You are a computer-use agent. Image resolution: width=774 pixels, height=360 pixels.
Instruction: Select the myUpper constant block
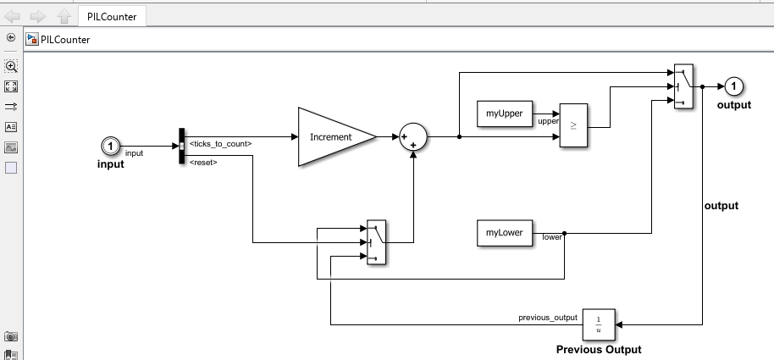point(504,114)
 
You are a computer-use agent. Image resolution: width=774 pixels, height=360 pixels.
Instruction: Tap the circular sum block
point(413,136)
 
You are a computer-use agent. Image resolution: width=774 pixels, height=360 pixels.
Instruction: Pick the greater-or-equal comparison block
point(572,126)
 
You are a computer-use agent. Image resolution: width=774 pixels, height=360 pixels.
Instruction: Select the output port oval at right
point(734,86)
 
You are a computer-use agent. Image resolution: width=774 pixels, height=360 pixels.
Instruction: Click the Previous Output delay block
point(599,323)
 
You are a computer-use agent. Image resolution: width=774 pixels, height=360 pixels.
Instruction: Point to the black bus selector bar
point(182,147)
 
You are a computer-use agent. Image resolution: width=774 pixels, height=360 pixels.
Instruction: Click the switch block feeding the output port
point(683,86)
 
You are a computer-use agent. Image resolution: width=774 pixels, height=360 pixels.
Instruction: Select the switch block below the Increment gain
point(377,243)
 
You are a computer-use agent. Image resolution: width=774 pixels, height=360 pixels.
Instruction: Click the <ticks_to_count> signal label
point(220,143)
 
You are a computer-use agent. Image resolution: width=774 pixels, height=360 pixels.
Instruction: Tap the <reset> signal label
point(203,161)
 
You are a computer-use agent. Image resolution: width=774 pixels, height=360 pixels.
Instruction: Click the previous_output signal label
point(548,318)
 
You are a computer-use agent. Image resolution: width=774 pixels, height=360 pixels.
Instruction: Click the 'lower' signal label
point(552,237)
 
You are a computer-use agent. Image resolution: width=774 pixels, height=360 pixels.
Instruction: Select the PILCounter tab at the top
point(112,15)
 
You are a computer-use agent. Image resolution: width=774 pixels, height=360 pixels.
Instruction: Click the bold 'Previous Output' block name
point(599,349)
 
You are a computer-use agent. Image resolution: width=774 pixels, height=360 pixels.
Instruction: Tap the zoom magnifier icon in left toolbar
point(11,66)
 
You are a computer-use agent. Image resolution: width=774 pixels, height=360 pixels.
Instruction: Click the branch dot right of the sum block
point(459,136)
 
